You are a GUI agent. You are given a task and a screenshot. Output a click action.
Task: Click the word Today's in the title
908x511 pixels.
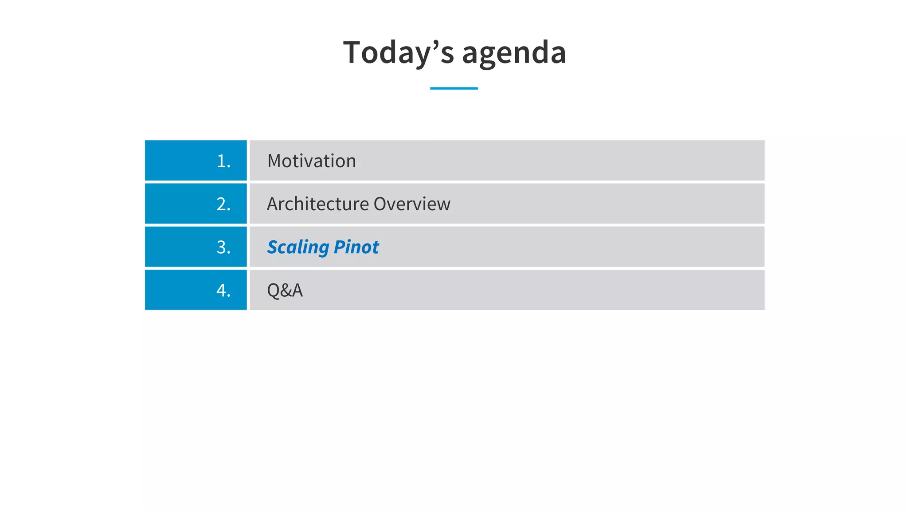pyautogui.click(x=399, y=52)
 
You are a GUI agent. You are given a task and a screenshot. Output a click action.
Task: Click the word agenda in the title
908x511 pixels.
pyautogui.click(x=514, y=52)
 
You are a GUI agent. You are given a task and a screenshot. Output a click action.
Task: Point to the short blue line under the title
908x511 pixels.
pyautogui.click(x=454, y=88)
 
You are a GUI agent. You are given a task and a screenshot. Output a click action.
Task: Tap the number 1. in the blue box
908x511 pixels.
pyautogui.click(x=223, y=161)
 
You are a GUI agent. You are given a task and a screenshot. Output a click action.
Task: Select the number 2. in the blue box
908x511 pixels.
pyautogui.click(x=223, y=204)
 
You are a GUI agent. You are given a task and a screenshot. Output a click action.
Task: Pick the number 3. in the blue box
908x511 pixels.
pyautogui.click(x=223, y=247)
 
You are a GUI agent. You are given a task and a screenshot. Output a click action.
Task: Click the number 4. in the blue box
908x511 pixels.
pyautogui.click(x=223, y=290)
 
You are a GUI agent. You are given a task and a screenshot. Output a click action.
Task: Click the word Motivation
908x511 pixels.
pyautogui.click(x=311, y=161)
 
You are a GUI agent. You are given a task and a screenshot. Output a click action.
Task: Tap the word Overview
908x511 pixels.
pyautogui.click(x=412, y=204)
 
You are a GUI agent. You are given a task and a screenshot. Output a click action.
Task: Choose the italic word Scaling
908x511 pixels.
pyautogui.click(x=298, y=247)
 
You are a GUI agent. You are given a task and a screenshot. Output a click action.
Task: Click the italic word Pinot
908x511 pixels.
pyautogui.click(x=356, y=247)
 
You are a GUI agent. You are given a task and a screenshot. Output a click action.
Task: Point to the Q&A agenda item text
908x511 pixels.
pyautogui.click(x=285, y=290)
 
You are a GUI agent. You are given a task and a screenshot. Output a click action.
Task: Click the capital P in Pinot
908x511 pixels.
pyautogui.click(x=340, y=247)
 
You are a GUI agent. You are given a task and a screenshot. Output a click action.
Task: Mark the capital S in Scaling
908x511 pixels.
pyautogui.click(x=273, y=247)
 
